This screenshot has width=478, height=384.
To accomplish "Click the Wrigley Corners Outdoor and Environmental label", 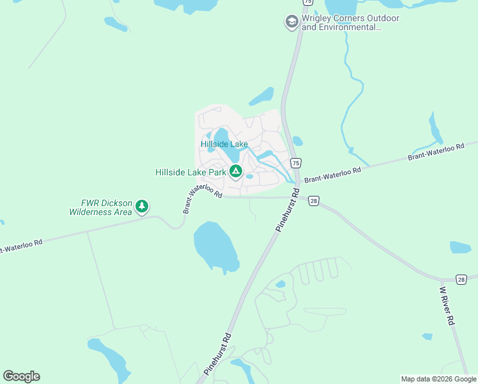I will point(350,22).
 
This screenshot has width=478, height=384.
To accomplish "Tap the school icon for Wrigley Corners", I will point(292,22).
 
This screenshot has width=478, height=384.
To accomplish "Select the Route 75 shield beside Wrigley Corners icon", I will point(309,3).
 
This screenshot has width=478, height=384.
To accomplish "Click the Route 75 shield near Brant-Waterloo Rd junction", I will point(296,163).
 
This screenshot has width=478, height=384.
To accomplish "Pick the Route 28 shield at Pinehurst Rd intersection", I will point(313,201).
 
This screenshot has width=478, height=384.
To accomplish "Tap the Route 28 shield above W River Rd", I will point(461,279).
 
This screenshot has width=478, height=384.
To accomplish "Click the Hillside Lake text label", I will point(224,144).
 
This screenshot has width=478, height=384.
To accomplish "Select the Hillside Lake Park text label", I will point(191,172).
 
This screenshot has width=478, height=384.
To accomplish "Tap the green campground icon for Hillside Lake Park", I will point(236,171).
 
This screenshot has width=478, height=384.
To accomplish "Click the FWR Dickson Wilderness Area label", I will point(100,207).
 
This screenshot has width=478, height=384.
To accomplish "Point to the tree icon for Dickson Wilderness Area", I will point(142,206).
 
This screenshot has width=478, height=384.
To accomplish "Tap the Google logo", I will point(21,376).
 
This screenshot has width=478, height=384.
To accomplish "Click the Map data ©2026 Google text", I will point(438,379).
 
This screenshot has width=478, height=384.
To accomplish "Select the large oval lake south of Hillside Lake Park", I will point(215,244).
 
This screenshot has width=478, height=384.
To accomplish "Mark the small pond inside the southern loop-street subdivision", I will point(280,284).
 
